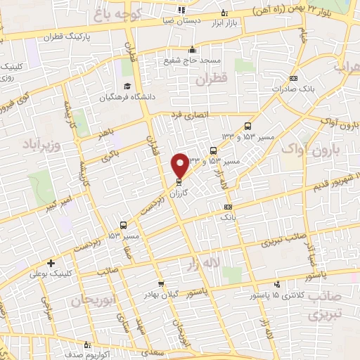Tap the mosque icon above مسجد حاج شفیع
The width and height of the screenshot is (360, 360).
191,50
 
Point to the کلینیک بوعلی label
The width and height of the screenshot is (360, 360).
50,274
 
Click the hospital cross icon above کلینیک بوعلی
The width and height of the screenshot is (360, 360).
51,263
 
